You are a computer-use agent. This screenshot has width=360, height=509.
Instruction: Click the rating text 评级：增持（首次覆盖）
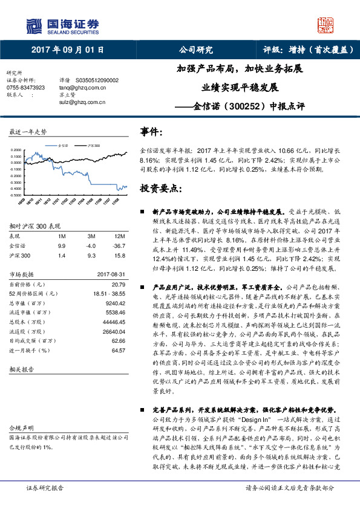(x=309, y=50)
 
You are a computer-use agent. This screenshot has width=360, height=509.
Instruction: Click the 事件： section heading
(x=152, y=131)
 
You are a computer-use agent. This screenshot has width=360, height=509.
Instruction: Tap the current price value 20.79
(x=118, y=284)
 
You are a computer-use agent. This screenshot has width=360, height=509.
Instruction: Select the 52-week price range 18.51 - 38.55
(x=110, y=293)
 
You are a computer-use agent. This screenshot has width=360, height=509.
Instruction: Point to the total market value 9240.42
(x=114, y=302)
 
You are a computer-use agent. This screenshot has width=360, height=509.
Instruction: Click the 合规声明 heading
(x=21, y=426)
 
